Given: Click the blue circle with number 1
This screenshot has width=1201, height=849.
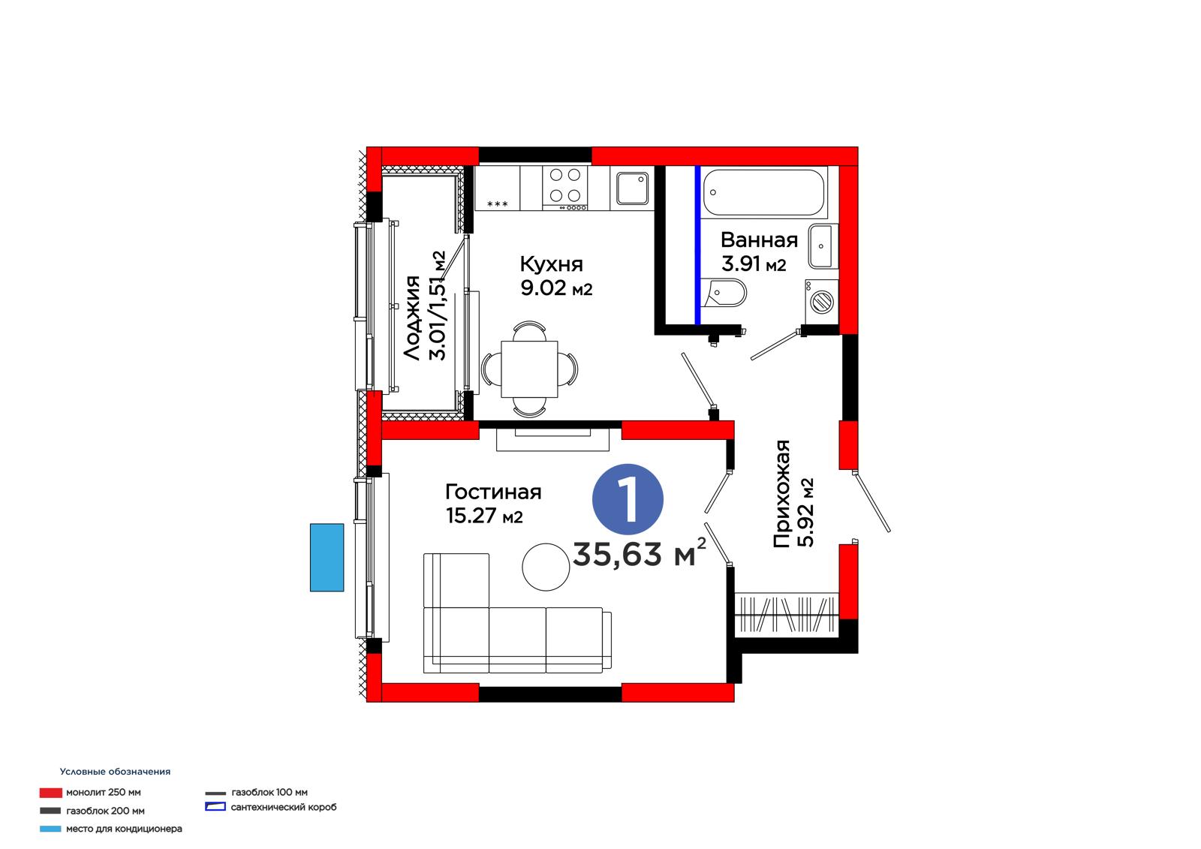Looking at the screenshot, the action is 628,499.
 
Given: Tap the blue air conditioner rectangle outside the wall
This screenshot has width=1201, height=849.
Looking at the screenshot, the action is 327,557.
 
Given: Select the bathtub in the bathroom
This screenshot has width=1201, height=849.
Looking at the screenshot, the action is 763,192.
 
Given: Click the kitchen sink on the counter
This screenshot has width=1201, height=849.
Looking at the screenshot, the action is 632,188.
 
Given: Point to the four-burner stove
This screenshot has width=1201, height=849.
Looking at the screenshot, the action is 565,188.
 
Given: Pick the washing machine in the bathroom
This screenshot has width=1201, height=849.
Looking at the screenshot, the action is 821,302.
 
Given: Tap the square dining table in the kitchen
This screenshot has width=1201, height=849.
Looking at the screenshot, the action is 529,369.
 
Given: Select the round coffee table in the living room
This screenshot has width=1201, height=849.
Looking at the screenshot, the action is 546,567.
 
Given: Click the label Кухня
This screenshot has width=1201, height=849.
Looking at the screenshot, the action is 551,264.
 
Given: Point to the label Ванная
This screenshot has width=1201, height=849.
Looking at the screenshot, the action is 759,239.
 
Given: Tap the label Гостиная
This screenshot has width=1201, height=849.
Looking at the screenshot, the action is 493,492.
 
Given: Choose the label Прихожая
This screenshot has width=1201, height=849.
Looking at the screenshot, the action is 781,493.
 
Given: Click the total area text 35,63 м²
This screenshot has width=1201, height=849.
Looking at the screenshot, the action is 639,553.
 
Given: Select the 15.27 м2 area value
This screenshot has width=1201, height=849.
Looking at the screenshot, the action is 483,516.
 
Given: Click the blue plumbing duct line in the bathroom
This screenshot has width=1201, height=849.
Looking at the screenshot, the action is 697,245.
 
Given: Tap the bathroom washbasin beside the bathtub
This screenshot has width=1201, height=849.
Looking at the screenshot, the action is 821,246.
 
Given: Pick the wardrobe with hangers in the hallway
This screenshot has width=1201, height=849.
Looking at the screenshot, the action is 786,614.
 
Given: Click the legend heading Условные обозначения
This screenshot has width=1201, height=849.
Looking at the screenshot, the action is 115,771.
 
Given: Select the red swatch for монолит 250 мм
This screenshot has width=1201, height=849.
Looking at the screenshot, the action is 51,792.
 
